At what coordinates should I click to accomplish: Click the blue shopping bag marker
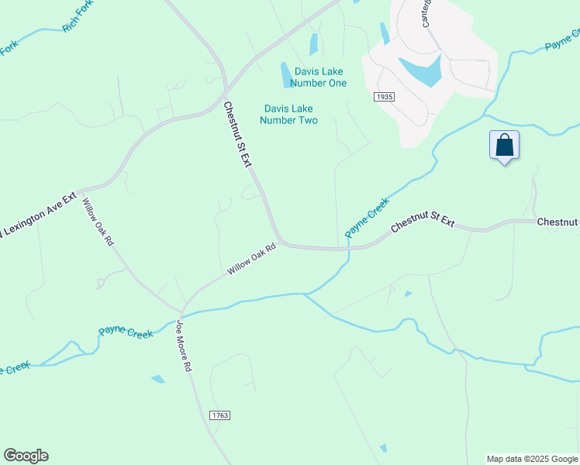tap(504, 146)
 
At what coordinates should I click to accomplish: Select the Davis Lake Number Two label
tap(289, 115)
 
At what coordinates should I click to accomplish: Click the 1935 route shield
tap(384, 97)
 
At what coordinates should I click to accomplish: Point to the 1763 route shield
tap(219, 416)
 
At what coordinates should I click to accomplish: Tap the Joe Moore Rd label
tap(184, 346)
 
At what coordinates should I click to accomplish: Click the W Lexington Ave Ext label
tap(37, 212)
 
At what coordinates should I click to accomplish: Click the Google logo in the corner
tap(26, 456)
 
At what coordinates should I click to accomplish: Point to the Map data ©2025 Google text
tap(532, 459)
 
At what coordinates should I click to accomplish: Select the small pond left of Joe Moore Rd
tap(158, 379)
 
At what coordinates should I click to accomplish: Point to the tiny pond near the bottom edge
tap(383, 448)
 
